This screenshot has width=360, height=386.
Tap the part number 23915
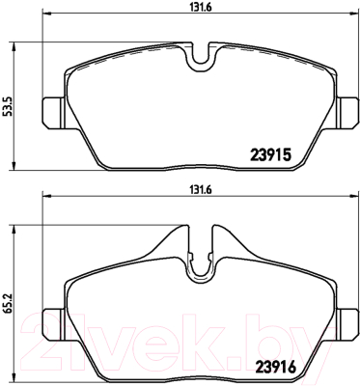click(x=270, y=155)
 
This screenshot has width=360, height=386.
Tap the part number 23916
click(x=275, y=367)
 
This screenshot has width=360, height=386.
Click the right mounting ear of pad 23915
click(x=347, y=113)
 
